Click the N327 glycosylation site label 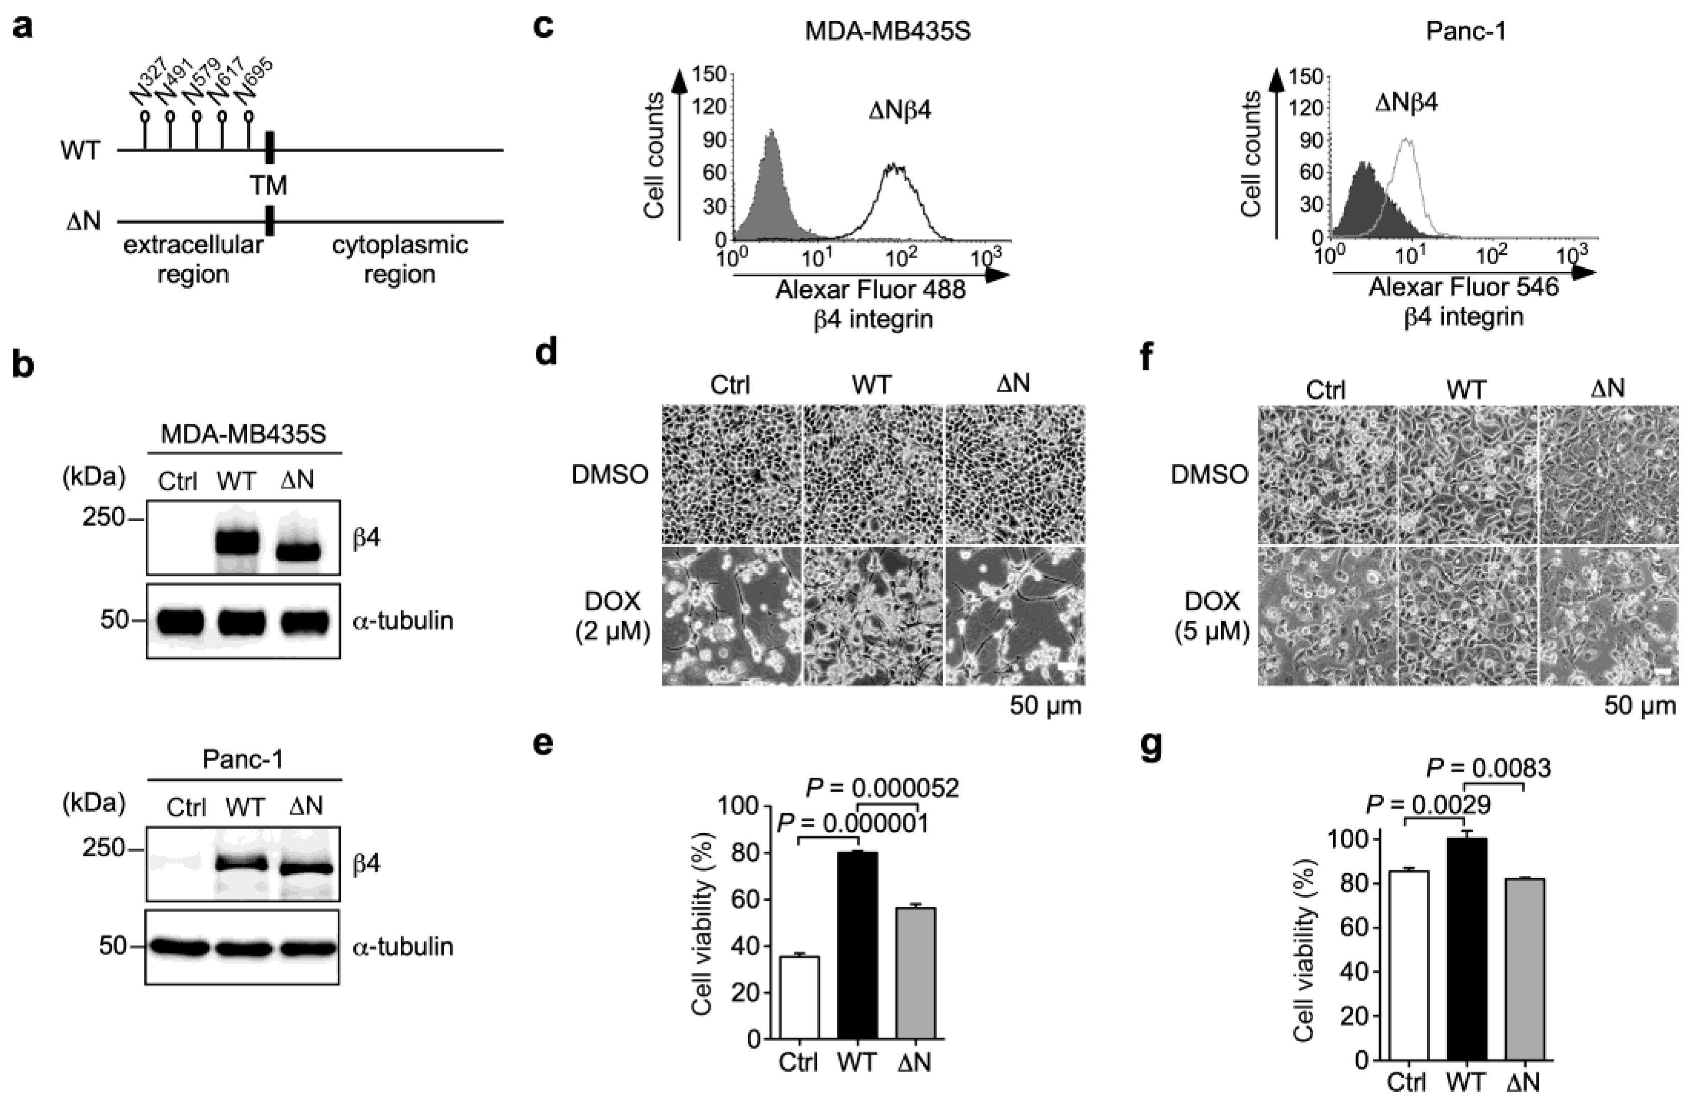(x=151, y=84)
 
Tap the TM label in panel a (x=268, y=185)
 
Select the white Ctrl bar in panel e (x=799, y=996)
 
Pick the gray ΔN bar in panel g (x=1525, y=968)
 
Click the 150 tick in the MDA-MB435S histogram (x=712, y=74)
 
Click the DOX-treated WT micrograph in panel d (x=873, y=616)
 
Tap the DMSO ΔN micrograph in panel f (x=1609, y=474)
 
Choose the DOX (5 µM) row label (x=1211, y=616)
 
